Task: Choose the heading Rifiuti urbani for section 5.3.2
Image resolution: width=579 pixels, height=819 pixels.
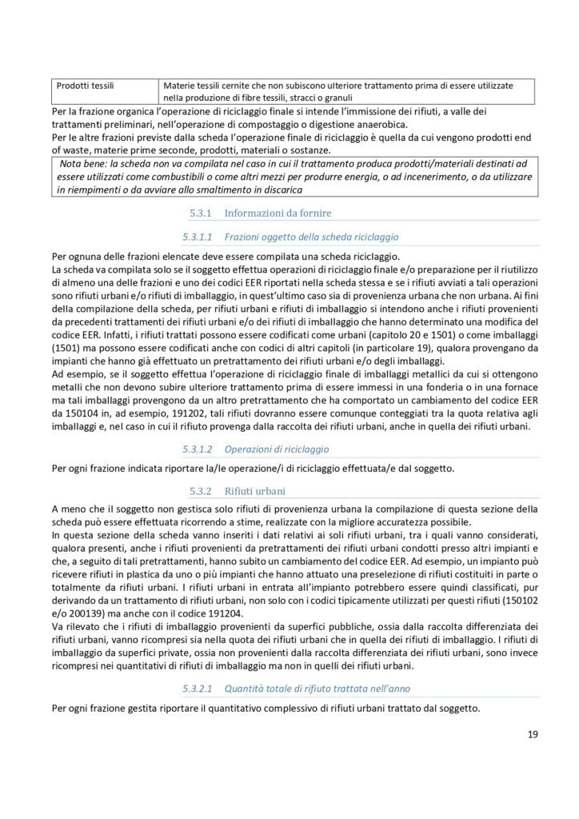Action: click(257, 489)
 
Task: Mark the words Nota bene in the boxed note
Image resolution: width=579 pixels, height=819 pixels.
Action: click(82, 164)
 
